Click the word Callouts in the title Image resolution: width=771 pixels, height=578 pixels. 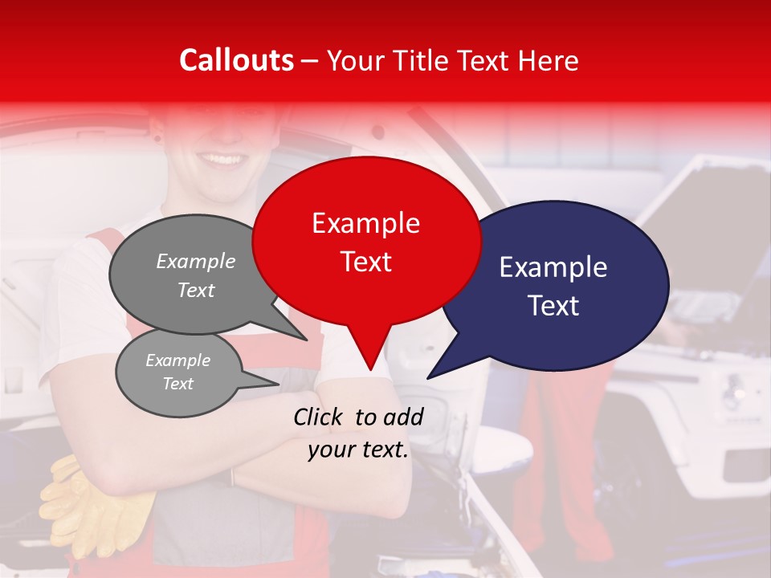(x=236, y=60)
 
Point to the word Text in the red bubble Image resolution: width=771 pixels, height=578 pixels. (x=365, y=261)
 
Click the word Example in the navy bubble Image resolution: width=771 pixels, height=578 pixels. (x=553, y=267)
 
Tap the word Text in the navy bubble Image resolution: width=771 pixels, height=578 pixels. (x=553, y=305)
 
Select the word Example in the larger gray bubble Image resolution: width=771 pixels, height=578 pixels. (x=195, y=261)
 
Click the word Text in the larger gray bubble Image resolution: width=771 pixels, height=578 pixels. (x=195, y=290)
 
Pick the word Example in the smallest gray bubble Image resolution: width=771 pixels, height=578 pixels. (x=177, y=360)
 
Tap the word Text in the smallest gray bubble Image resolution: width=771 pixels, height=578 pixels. (x=177, y=384)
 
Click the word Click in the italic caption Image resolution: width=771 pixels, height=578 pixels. (x=319, y=417)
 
